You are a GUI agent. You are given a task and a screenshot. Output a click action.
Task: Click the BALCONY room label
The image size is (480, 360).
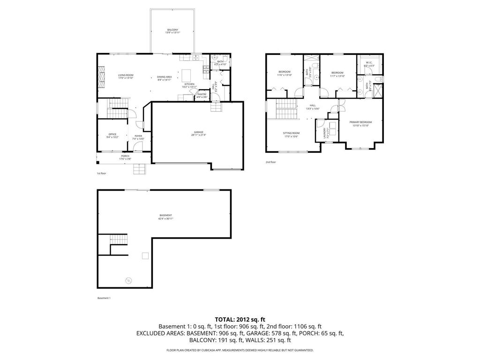click(x=172, y=31)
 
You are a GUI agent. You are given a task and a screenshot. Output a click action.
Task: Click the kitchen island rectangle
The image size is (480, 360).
click(x=187, y=75)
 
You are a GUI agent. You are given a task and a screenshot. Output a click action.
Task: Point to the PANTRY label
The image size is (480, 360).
click(x=202, y=95)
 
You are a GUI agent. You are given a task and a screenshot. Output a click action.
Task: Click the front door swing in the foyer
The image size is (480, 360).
click(x=137, y=146)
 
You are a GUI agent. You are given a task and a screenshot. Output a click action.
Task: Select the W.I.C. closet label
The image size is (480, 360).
click(x=368, y=63)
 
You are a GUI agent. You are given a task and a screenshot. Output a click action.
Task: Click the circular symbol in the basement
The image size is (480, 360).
click(x=128, y=281)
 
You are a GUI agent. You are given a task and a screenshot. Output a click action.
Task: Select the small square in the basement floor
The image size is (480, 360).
click(x=145, y=255)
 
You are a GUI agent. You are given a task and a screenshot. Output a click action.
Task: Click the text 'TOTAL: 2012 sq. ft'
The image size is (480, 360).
click(x=240, y=319)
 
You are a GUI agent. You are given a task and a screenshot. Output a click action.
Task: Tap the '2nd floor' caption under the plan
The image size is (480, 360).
click(x=270, y=162)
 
